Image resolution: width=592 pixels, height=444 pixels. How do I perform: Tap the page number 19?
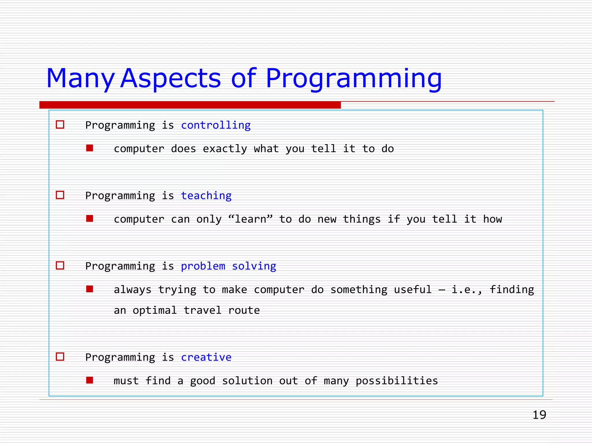coord(539,415)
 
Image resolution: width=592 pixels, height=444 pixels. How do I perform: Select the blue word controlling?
coord(216,125)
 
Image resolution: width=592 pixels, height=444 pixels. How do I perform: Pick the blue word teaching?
coord(206,196)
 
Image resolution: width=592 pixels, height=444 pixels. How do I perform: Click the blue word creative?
coord(206,357)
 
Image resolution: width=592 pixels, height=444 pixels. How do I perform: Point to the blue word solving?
coord(254,266)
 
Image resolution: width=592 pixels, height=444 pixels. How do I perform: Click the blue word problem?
coord(203,266)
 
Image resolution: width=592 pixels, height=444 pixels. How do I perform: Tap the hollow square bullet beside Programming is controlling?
coord(60,125)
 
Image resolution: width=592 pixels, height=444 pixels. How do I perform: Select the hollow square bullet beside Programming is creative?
coord(60,356)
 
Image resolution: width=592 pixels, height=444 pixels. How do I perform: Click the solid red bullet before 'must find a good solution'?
coord(90,380)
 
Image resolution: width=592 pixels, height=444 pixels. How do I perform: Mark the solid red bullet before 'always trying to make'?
coord(90,289)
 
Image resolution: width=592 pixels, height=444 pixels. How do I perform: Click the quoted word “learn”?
coord(250,219)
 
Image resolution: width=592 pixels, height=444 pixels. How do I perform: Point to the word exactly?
coord(225,149)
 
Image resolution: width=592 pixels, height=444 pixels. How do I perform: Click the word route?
coord(244,310)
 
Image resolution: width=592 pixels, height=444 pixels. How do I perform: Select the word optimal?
coord(155,310)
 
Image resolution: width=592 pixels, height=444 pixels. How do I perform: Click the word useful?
coord(412,290)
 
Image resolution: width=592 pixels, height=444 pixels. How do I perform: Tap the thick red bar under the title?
coord(190,105)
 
